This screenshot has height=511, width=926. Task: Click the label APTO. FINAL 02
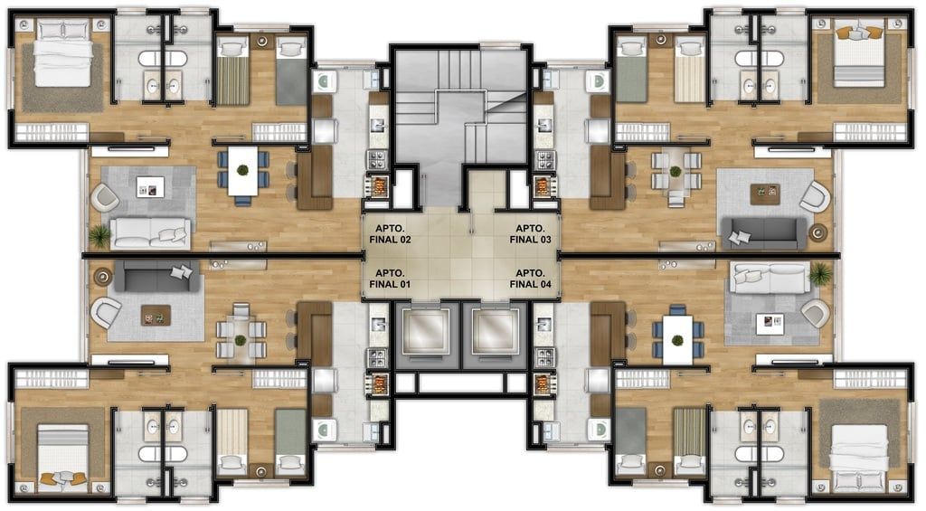click(x=390, y=234)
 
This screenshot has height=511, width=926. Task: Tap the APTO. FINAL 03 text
click(x=530, y=234)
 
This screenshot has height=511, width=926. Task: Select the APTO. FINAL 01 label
click(x=390, y=279)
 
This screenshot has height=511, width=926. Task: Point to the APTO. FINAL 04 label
click(x=530, y=279)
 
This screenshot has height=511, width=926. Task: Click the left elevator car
click(x=426, y=331)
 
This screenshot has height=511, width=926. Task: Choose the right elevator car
click(x=495, y=331)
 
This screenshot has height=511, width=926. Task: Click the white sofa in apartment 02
click(x=151, y=232)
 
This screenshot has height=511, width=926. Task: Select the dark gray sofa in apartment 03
click(x=764, y=233)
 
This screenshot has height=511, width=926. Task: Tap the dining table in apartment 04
click(x=677, y=339)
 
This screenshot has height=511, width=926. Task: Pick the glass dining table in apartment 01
click(x=240, y=340)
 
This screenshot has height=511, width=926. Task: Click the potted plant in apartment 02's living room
click(x=99, y=236)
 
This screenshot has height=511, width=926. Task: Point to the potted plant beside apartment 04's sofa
click(x=820, y=273)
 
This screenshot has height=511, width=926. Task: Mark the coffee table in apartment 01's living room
click(x=156, y=316)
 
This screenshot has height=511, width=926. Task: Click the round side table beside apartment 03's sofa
click(x=818, y=232)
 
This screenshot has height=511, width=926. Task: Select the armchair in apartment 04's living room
click(x=816, y=313)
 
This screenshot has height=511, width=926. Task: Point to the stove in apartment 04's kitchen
click(x=544, y=358)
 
